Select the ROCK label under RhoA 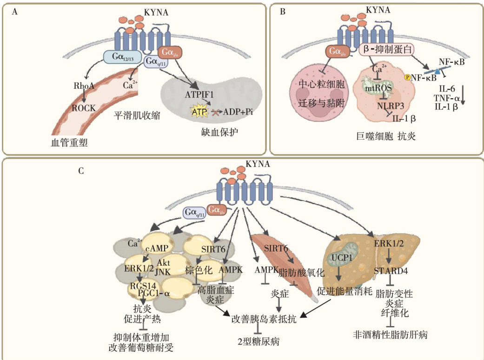coord(84,107)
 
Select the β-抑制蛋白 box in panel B coord(388,48)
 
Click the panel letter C coord(81,172)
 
